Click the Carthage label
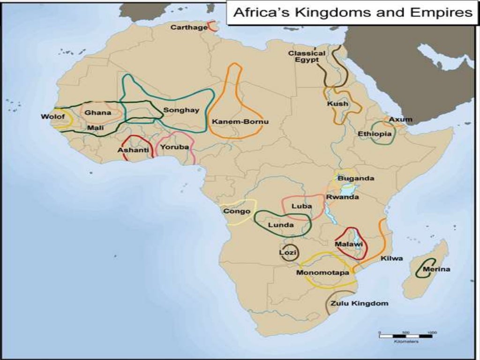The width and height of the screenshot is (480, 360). (189, 27)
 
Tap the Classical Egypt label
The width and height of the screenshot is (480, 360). (307, 57)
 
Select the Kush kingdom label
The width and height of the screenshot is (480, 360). (337, 104)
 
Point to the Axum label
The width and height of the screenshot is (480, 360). (401, 120)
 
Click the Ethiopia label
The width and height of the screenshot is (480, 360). (375, 134)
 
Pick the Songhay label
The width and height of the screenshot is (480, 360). (181, 110)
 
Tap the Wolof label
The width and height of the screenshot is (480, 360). (50, 116)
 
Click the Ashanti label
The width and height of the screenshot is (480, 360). (133, 150)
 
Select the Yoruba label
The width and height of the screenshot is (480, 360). (174, 147)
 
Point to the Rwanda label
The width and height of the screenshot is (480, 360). (342, 197)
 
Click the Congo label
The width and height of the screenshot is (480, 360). (236, 211)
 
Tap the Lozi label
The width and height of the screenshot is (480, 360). (287, 253)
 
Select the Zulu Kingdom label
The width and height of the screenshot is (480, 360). (359, 303)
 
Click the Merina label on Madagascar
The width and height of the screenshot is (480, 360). (436, 269)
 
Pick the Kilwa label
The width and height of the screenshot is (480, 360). (391, 258)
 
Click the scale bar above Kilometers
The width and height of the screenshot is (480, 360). (406, 335)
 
